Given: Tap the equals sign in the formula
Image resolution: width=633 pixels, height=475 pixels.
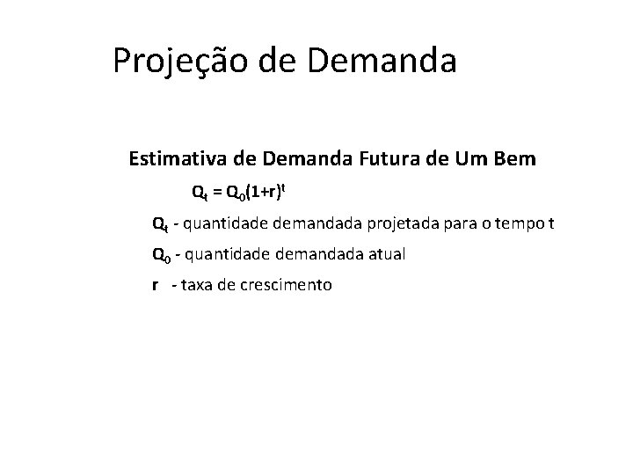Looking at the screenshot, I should tap(215, 191).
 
